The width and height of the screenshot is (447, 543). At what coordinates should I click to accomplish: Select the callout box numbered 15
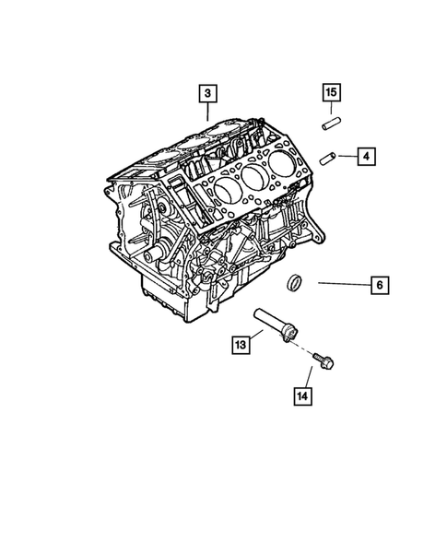pos(331,92)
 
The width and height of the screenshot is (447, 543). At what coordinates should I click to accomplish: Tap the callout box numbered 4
pos(366,158)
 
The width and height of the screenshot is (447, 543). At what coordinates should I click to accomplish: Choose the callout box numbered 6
pos(380,285)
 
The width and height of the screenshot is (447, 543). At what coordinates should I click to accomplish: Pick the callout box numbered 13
pos(240,346)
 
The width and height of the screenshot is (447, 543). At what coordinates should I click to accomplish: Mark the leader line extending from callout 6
pos(343,285)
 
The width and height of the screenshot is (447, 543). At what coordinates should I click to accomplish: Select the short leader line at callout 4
pos(347,158)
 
